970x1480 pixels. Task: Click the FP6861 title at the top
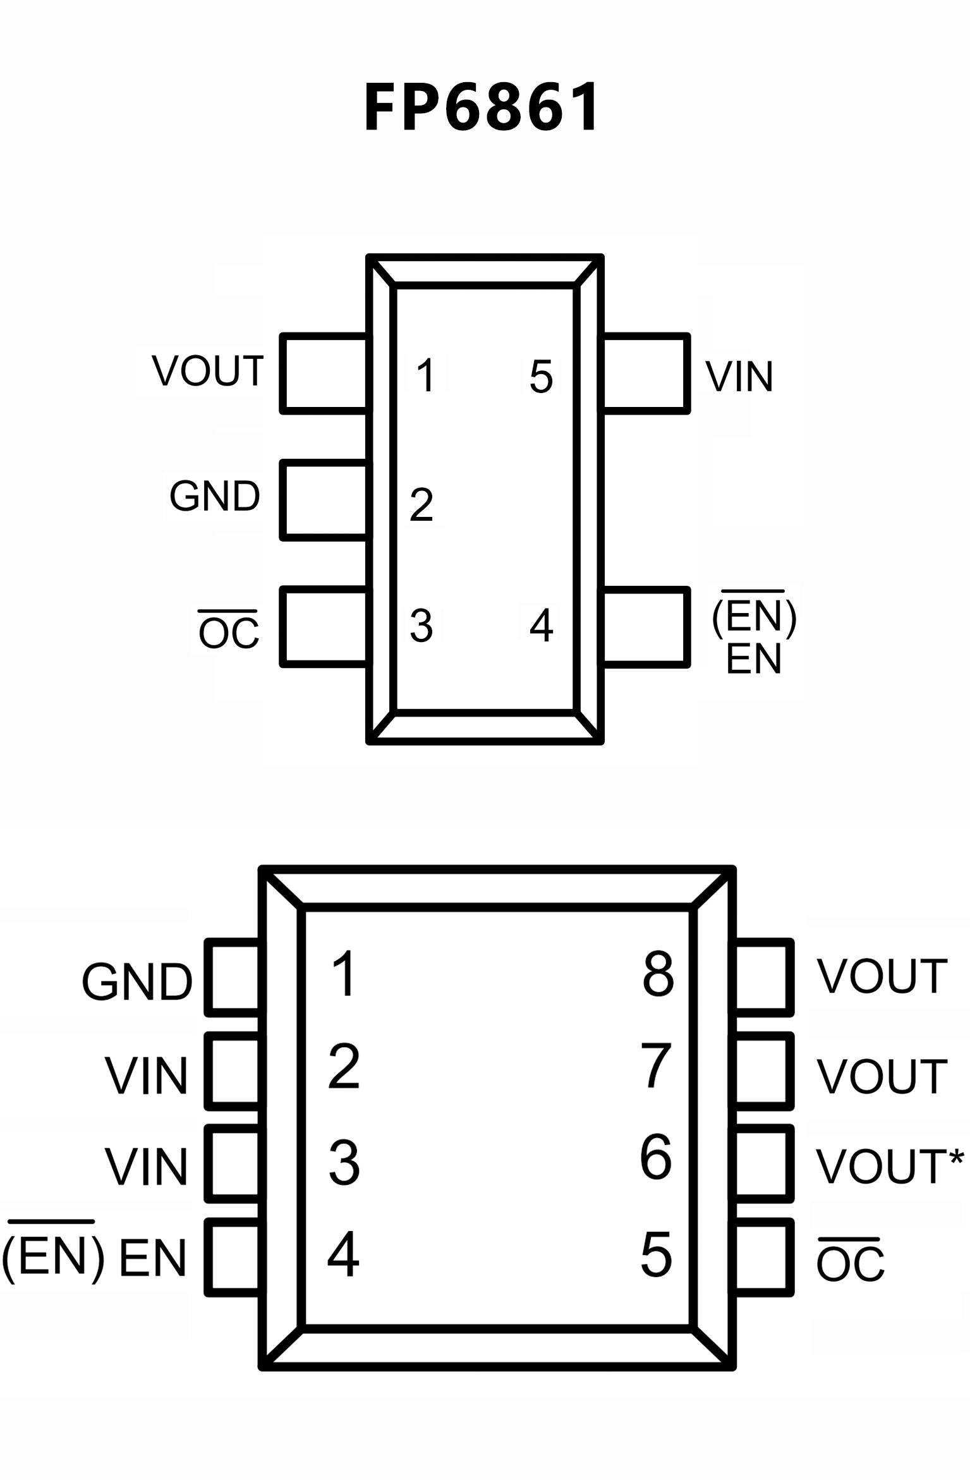click(x=482, y=107)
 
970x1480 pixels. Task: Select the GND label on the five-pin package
click(x=215, y=496)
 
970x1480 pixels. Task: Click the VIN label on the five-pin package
click(x=739, y=377)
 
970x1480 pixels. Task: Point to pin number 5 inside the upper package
click(x=541, y=377)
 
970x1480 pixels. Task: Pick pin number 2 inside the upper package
click(x=421, y=504)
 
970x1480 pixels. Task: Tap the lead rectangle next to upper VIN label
click(x=645, y=373)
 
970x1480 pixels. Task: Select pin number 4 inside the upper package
click(x=542, y=626)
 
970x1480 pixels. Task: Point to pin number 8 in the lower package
click(x=658, y=974)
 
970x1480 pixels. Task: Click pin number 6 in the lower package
click(x=656, y=1157)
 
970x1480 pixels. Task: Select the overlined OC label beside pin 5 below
click(x=850, y=1261)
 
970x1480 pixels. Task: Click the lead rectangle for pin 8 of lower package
click(x=764, y=976)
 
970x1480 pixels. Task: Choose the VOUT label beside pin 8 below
click(x=882, y=976)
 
